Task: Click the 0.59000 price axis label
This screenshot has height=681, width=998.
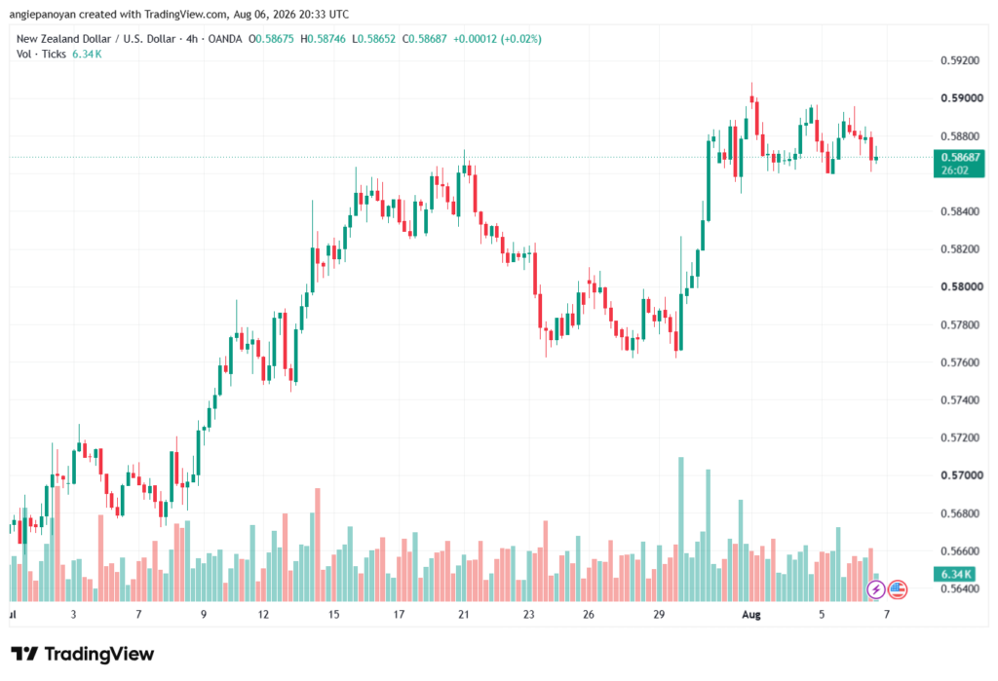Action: (x=962, y=98)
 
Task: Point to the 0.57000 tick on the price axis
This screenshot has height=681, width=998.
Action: (x=962, y=475)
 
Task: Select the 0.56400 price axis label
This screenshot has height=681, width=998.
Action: (x=962, y=588)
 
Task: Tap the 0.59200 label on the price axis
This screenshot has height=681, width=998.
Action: (x=962, y=60)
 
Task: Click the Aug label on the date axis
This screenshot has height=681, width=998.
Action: (x=751, y=615)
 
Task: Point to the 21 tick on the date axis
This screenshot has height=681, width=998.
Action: (x=463, y=615)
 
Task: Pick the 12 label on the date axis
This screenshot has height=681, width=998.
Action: (x=263, y=615)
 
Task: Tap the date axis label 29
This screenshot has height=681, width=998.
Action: (x=659, y=615)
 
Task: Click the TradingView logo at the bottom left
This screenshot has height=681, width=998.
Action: (x=83, y=654)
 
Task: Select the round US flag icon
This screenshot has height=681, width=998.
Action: (x=898, y=590)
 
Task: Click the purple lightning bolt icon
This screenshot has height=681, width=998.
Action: (x=876, y=590)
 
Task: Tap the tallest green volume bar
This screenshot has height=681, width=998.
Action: (x=681, y=529)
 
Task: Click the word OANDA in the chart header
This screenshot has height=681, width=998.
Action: (x=225, y=39)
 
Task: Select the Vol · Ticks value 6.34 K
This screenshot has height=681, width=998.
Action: (x=87, y=55)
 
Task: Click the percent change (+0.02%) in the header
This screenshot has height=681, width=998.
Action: (x=521, y=39)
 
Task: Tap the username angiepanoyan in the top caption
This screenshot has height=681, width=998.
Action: (x=42, y=14)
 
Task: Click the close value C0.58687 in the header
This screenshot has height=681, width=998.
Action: (x=425, y=39)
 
